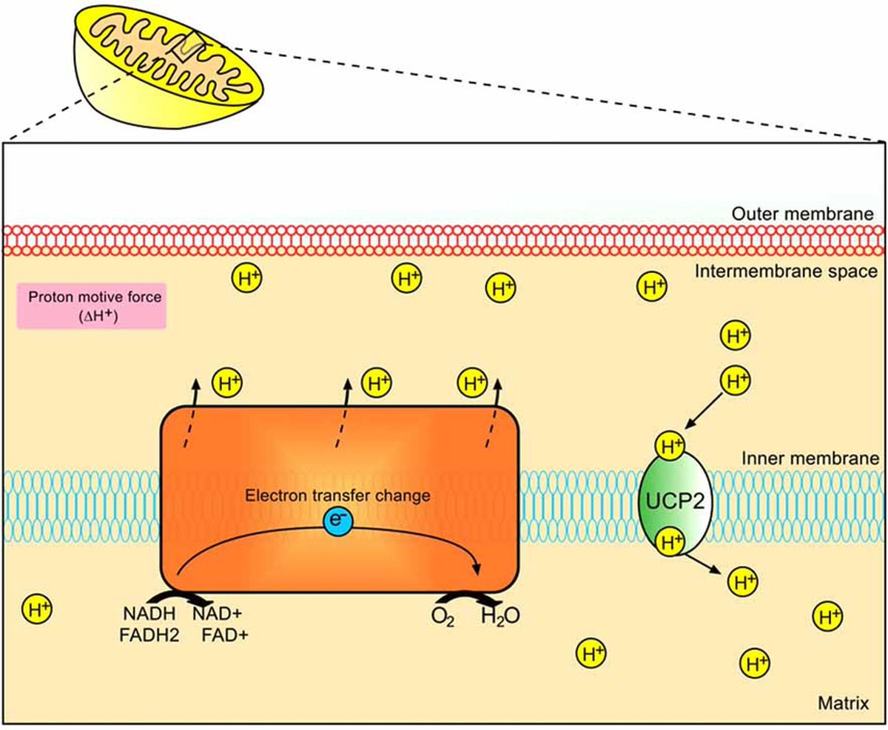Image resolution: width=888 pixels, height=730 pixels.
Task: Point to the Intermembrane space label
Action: [786, 271]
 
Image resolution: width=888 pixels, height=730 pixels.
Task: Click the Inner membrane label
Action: [810, 459]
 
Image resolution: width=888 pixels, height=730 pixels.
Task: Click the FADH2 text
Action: [149, 635]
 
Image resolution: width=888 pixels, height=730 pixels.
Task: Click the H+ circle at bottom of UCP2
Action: [671, 542]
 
